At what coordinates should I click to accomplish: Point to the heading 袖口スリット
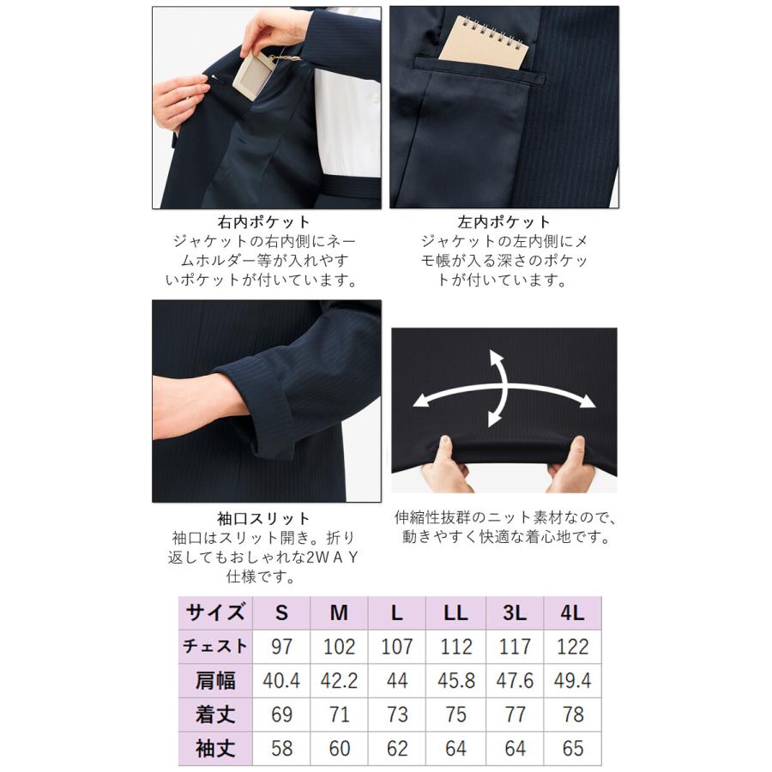[265, 519]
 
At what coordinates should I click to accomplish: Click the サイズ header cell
[217, 612]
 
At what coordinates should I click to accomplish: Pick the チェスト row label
[217, 646]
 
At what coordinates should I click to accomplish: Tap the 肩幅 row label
[217, 680]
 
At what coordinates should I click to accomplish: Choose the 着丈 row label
[217, 714]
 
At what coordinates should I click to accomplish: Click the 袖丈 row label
[217, 748]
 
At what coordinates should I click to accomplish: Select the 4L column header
[572, 613]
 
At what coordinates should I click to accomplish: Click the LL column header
[455, 613]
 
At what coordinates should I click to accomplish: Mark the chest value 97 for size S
[281, 647]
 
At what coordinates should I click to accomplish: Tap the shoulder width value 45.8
[455, 681]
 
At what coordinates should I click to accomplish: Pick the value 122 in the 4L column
[572, 647]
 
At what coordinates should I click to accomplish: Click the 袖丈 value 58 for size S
[281, 748]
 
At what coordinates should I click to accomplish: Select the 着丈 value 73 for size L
[397, 715]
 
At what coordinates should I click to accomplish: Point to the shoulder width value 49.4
[572, 681]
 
